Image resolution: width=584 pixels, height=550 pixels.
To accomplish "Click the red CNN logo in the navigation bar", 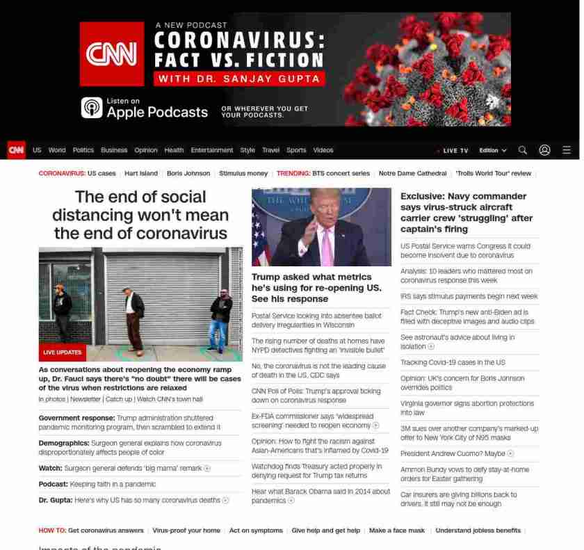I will click(x=16, y=150).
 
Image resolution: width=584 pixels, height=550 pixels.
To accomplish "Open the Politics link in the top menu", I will click(x=83, y=150).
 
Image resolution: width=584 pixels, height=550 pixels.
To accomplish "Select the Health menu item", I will click(x=174, y=150).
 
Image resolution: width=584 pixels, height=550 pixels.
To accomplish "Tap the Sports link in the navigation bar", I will click(x=296, y=150).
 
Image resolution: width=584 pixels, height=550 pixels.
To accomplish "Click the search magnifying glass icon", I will click(x=523, y=150).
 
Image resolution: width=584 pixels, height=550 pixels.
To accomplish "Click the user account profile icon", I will click(x=544, y=150).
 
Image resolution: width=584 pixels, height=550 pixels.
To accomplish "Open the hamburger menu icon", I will click(x=567, y=150).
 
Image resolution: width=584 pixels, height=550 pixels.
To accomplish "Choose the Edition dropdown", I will click(x=492, y=151).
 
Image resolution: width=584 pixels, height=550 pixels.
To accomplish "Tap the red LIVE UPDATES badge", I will click(x=63, y=353).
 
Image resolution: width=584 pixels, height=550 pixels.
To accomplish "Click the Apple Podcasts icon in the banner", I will click(x=92, y=108).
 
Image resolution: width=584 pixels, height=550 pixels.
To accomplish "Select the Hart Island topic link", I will click(x=141, y=173).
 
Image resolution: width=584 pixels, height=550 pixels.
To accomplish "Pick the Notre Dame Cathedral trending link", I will click(x=412, y=173).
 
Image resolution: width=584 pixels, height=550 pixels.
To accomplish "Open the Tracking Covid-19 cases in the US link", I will click(x=453, y=362).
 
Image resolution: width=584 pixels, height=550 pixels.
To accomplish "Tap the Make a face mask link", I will click(x=396, y=531).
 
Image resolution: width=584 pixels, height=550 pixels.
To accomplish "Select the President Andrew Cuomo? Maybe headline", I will click(x=453, y=453).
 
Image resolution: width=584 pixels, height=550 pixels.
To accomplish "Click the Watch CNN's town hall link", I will click(x=170, y=399).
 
